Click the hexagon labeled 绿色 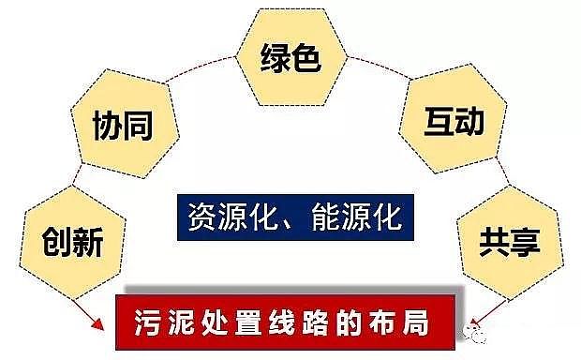click(x=290, y=58)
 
